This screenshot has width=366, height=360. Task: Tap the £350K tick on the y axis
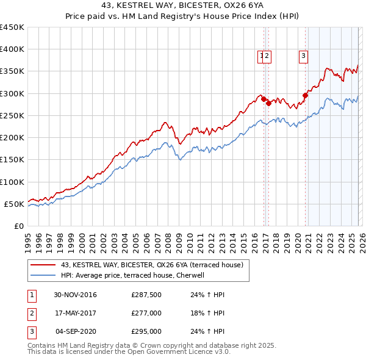click(12, 71)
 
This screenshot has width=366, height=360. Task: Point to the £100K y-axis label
click(12, 182)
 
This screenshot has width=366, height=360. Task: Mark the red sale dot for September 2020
click(305, 95)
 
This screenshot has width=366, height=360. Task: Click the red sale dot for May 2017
click(269, 103)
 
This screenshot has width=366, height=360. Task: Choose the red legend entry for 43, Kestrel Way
click(152, 265)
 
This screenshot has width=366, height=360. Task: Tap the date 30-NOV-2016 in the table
click(74, 295)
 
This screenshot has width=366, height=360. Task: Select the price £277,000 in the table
click(146, 313)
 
